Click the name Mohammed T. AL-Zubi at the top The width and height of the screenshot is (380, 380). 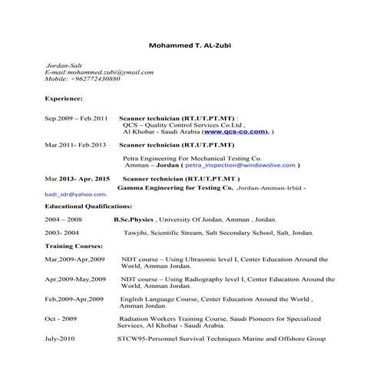coord(189,45)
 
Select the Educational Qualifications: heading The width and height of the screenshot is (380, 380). coord(88,207)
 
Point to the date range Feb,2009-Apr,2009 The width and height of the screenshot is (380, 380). coord(75,297)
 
